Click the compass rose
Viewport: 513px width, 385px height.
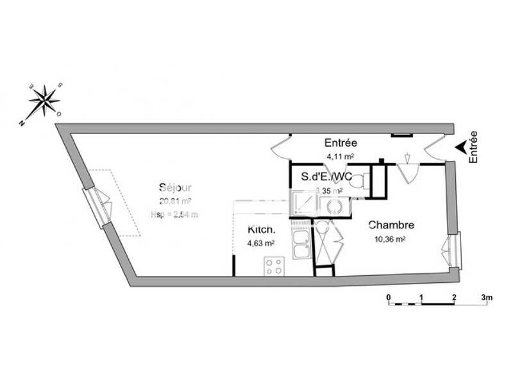click(x=44, y=101)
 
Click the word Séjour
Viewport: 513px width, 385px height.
click(x=175, y=188)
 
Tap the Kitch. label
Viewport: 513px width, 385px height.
click(x=262, y=230)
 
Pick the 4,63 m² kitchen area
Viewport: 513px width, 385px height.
click(x=261, y=243)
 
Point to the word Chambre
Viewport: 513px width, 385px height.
click(x=391, y=225)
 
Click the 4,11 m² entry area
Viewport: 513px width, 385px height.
click(x=341, y=156)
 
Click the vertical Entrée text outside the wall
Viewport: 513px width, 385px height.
click(x=474, y=147)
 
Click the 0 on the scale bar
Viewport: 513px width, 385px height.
click(x=389, y=297)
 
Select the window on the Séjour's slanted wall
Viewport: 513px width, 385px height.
click(x=99, y=207)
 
